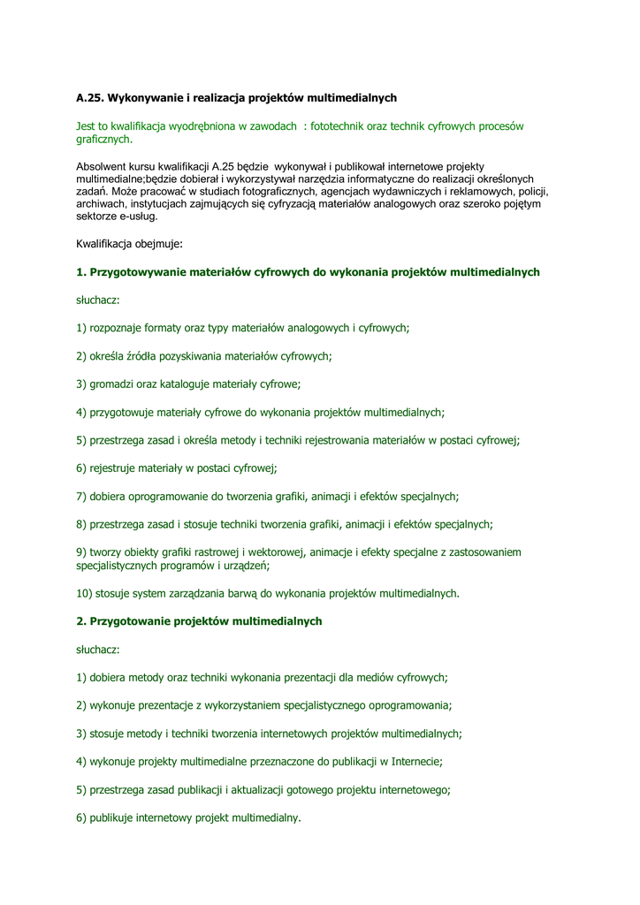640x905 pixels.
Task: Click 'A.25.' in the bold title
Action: tap(89, 98)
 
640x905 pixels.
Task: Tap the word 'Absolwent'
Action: tap(101, 167)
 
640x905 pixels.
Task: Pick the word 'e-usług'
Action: tap(139, 217)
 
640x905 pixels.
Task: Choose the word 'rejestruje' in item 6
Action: tap(118, 468)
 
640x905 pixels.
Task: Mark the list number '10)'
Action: tap(85, 594)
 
